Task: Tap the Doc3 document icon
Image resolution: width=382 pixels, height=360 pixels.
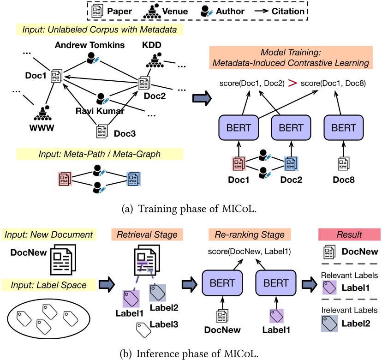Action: coord(102,132)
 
